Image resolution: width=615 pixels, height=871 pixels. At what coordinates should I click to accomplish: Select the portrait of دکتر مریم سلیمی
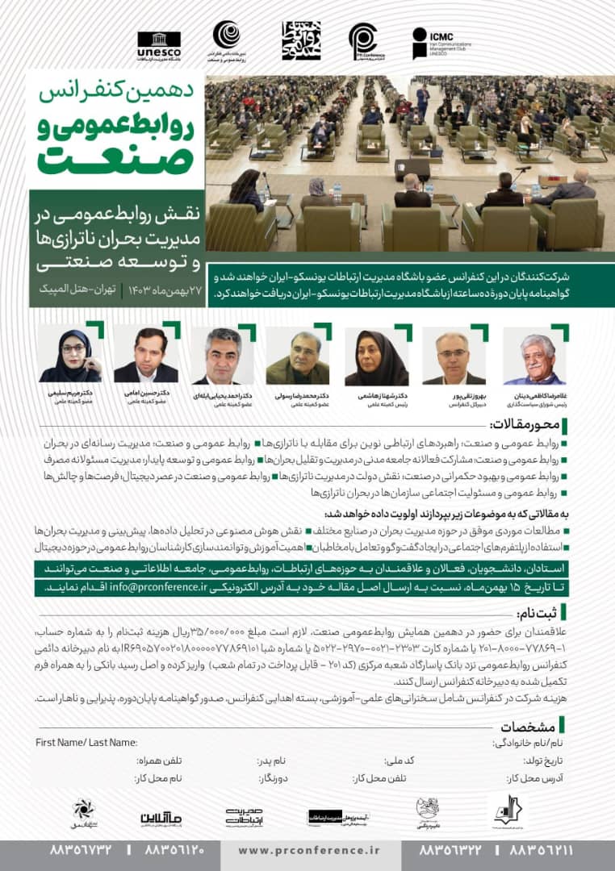(70, 355)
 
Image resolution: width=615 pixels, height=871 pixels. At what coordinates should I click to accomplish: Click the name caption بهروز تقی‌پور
(455, 397)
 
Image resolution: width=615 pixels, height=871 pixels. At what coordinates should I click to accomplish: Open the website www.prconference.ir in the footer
(309, 849)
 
